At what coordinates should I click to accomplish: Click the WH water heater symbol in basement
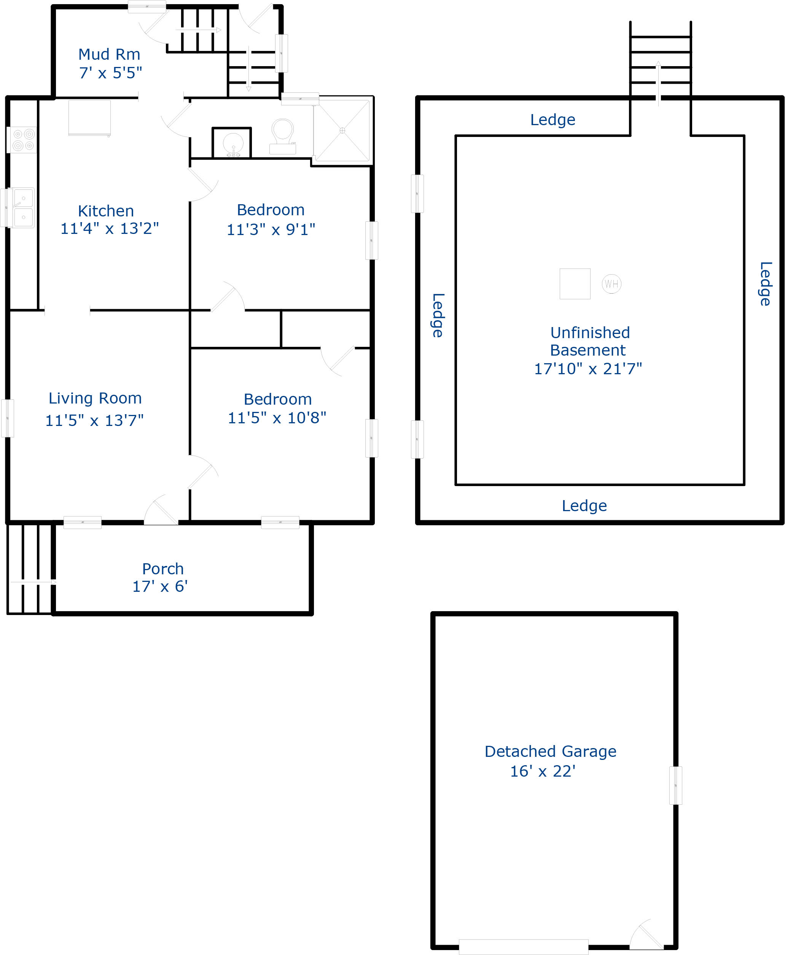click(611, 284)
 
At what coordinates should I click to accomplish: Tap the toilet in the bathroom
click(283, 136)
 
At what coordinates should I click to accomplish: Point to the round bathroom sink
click(233, 144)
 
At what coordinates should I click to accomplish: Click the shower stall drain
click(342, 130)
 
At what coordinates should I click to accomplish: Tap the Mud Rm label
click(109, 54)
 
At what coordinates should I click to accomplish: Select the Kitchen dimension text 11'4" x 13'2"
click(110, 229)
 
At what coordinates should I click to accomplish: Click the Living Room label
click(95, 398)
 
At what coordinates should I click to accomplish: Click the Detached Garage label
click(550, 751)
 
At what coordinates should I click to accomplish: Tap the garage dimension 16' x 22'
click(543, 771)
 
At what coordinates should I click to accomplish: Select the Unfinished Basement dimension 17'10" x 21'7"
click(588, 369)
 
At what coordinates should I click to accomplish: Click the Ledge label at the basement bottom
click(584, 506)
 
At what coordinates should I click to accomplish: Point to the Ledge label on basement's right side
click(765, 284)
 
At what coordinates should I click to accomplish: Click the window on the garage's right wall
click(675, 785)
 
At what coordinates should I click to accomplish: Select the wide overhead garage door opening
click(523, 947)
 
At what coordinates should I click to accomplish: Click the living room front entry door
click(161, 511)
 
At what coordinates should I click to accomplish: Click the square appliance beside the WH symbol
click(575, 284)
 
